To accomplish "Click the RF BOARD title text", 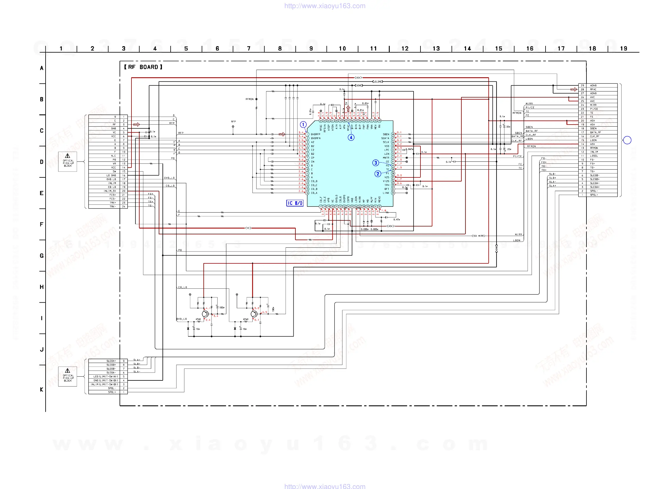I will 143,67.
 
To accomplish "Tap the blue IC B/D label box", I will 295,203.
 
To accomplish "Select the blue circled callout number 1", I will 303,125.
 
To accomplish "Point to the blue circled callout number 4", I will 351,137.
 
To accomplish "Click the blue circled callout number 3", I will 375,163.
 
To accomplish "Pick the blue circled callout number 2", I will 378,174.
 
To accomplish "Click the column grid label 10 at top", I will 342,48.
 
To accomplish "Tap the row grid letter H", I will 42,287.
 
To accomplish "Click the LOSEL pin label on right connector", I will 594,156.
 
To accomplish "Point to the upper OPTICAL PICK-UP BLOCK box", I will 68,161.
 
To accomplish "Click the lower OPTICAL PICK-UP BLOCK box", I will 68,376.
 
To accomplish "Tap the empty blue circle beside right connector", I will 627,140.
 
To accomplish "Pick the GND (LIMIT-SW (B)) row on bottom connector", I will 106,380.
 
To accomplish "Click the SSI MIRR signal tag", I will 479,236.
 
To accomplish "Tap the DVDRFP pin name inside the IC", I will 315,134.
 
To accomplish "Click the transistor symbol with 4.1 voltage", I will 205,314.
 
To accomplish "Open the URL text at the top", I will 325,6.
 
